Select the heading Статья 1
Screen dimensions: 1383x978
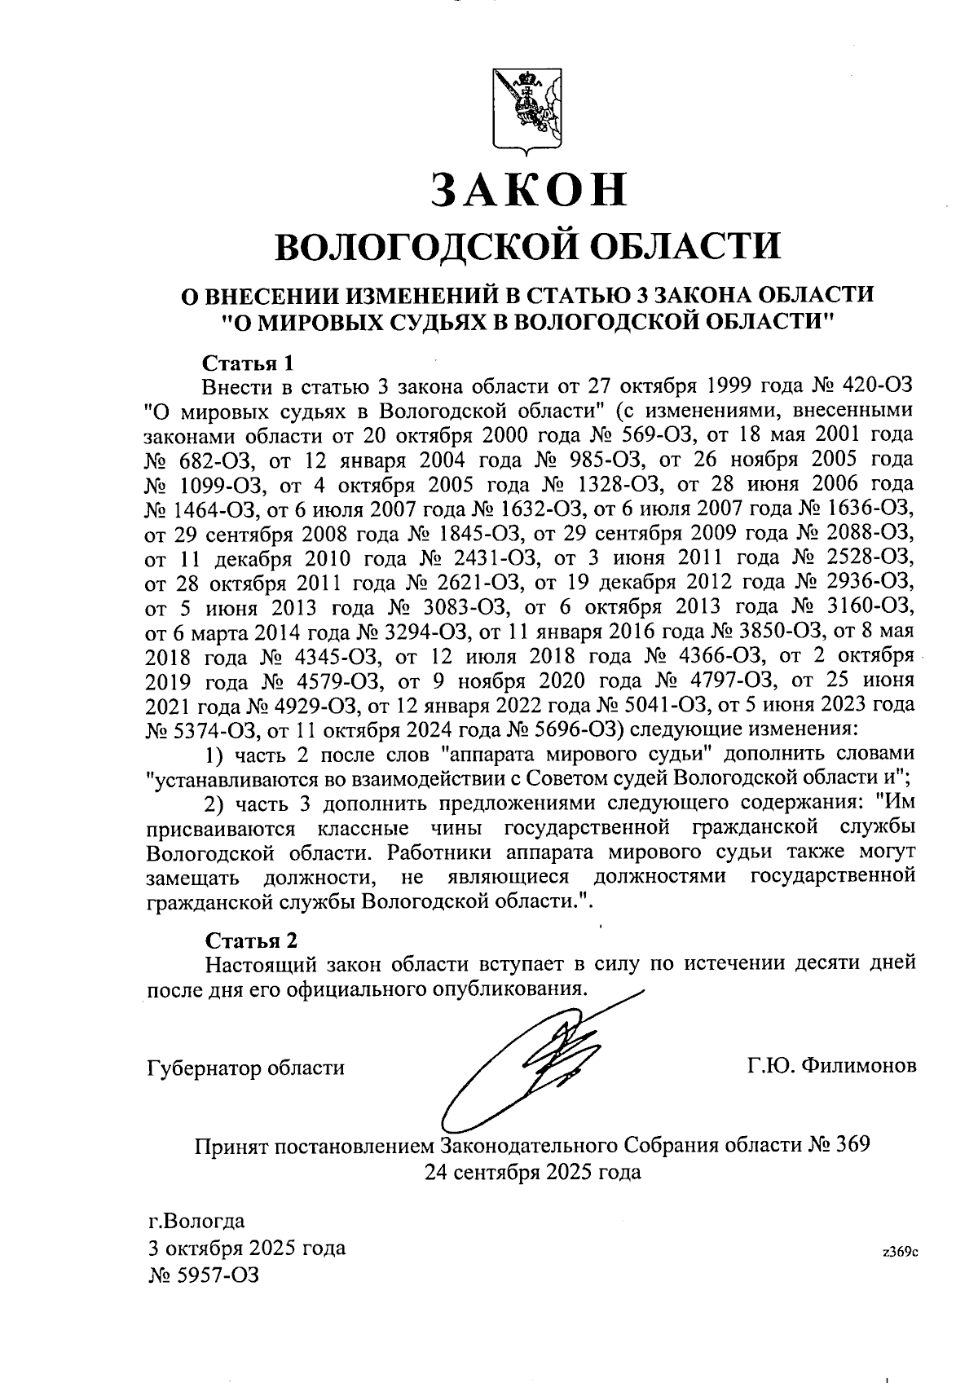[x=247, y=361]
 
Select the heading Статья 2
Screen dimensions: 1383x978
[x=252, y=940]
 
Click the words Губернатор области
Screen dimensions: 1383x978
[x=245, y=1068]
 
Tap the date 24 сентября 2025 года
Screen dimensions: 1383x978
[x=531, y=1172]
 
